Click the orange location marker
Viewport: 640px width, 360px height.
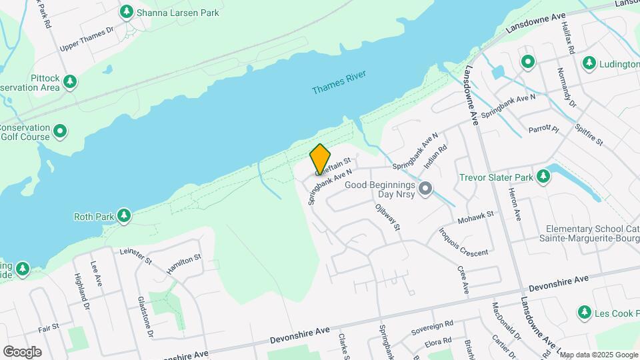[320, 159]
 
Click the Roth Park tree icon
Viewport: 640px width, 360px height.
[123, 216]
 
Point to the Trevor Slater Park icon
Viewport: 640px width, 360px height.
[544, 177]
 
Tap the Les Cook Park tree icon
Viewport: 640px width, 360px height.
[585, 312]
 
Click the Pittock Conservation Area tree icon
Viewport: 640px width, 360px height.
[70, 82]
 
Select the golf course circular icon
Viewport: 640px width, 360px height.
[60, 131]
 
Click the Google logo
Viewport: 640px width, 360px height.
[22, 351]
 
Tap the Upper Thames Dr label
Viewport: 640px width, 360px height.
[87, 39]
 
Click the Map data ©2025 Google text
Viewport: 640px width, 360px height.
[599, 354]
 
